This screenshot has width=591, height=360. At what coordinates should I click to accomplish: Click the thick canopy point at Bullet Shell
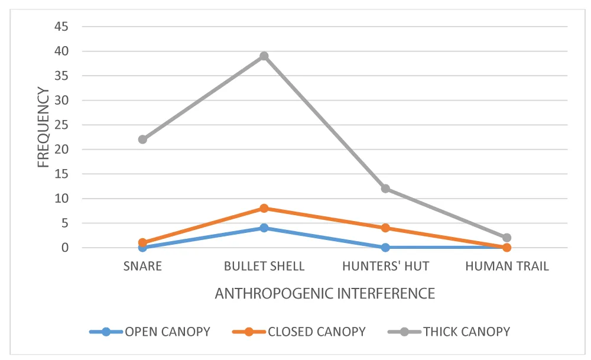(264, 56)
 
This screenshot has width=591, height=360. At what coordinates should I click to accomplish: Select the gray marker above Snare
(142, 140)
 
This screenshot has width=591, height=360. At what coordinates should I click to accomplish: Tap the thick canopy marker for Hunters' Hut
(385, 189)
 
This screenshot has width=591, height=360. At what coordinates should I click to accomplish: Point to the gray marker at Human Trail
(506, 238)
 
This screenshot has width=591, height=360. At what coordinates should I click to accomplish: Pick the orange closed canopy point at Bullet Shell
(264, 208)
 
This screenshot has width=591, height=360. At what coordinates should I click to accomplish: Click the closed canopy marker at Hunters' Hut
(385, 228)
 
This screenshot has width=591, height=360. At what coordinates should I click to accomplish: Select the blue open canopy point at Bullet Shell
(264, 228)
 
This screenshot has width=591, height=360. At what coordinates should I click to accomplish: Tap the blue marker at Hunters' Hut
(385, 247)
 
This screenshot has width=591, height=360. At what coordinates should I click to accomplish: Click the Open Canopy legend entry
(150, 332)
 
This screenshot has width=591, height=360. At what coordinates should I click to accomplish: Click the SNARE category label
(142, 266)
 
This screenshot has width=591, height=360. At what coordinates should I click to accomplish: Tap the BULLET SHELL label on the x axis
(264, 266)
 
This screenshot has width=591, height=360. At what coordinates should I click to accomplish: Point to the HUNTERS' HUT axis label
(385, 266)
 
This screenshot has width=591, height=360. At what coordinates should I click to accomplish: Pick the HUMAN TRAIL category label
(506, 266)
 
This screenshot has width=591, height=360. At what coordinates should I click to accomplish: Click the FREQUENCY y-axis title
(44, 127)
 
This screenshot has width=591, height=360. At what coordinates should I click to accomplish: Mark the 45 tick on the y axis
(62, 27)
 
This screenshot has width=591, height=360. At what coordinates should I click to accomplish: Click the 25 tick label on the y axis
(62, 125)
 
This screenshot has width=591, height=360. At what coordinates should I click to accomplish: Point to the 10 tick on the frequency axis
(62, 199)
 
